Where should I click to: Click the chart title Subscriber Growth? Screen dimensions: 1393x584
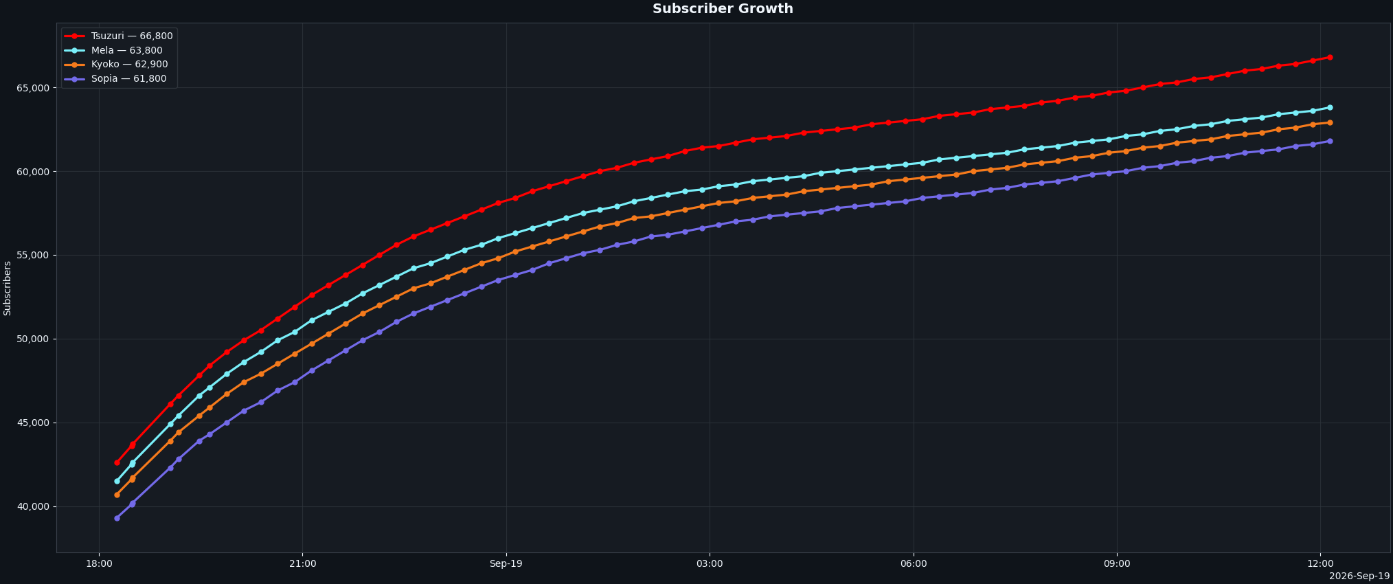(723, 9)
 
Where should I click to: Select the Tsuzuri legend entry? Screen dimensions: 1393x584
(119, 36)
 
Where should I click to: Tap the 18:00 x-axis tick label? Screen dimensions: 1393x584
(99, 564)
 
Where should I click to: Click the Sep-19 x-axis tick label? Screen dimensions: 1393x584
(506, 564)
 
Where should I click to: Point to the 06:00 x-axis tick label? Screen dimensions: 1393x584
(914, 564)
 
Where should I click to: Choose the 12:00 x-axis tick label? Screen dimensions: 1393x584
(1320, 564)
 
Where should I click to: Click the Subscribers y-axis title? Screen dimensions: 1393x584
(8, 288)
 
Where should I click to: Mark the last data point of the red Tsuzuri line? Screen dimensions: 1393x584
(1330, 57)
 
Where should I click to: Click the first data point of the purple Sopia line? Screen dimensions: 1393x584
(117, 518)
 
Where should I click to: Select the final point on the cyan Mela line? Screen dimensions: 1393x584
(1330, 107)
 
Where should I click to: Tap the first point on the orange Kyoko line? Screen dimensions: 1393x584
(117, 495)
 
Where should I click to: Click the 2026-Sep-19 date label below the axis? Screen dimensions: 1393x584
(1359, 576)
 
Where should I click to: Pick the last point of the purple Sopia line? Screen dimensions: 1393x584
(1330, 141)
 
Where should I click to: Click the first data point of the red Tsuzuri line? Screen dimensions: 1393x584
(117, 462)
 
